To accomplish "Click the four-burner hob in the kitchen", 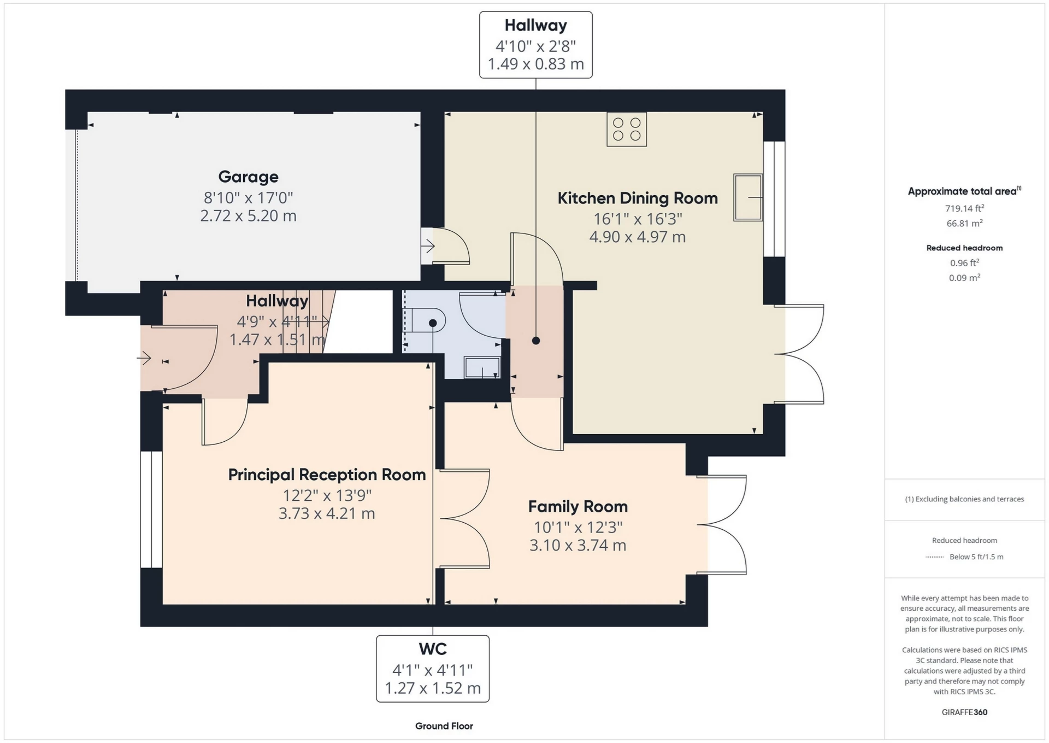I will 627,130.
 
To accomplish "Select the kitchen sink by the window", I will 747,197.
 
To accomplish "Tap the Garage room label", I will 248,177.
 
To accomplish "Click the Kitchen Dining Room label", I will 637,198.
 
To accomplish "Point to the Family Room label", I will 577,507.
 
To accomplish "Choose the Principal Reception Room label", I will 327,475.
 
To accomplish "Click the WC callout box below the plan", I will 432,668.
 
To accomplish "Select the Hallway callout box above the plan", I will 535,45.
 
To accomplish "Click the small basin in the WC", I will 481,367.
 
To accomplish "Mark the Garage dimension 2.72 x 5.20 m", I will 248,216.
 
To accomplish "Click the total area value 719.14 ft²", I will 964,208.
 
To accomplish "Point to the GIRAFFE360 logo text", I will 964,712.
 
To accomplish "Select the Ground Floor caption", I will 444,726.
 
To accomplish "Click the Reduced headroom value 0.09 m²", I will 964,278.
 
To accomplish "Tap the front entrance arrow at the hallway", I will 144,359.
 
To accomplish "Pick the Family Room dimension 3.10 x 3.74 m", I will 577,545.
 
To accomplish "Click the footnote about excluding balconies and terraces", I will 964,499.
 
